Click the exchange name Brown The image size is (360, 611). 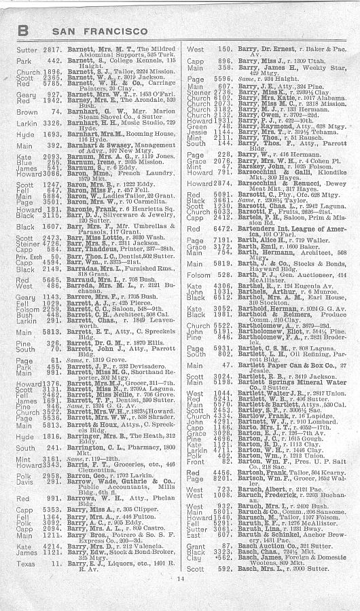[26, 111]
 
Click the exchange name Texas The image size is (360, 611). [26, 563]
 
